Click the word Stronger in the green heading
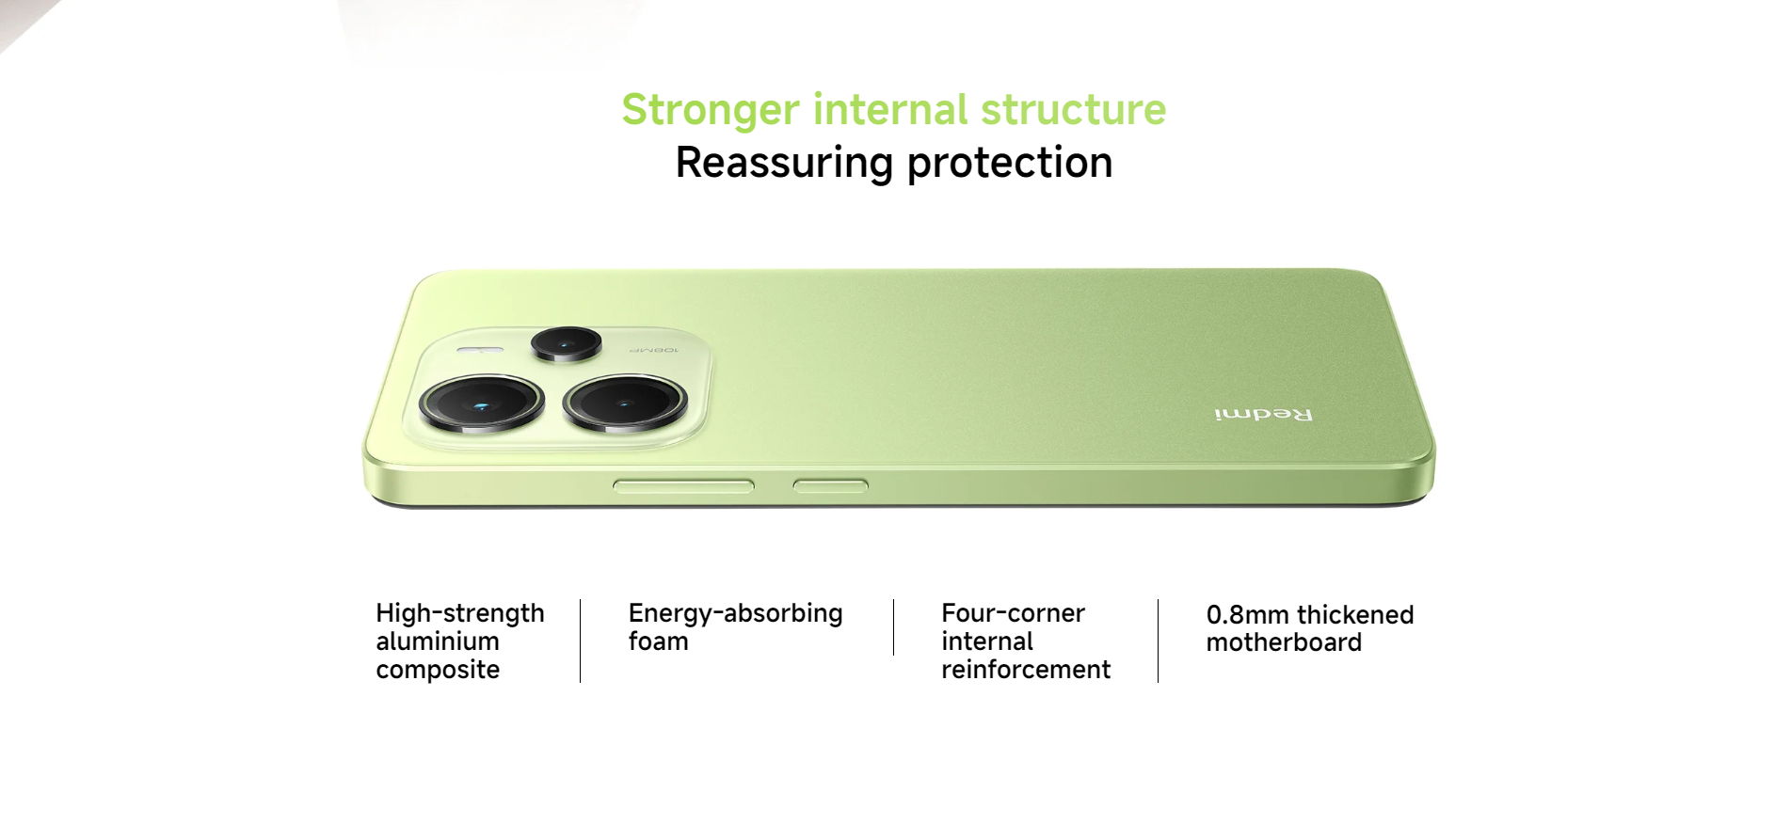point(711,111)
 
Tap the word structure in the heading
point(1073,109)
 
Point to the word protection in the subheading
point(1010,164)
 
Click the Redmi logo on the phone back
point(1263,415)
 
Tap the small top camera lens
point(567,343)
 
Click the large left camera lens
point(482,403)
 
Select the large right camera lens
point(625,403)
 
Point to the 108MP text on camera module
point(653,350)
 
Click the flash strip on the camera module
point(480,350)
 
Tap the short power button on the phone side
point(830,486)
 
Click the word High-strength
point(460,614)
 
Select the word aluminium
point(438,641)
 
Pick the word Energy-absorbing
point(736,614)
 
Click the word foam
point(659,641)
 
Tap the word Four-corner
point(1014,613)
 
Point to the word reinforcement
point(1026,670)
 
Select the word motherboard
point(1284,642)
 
